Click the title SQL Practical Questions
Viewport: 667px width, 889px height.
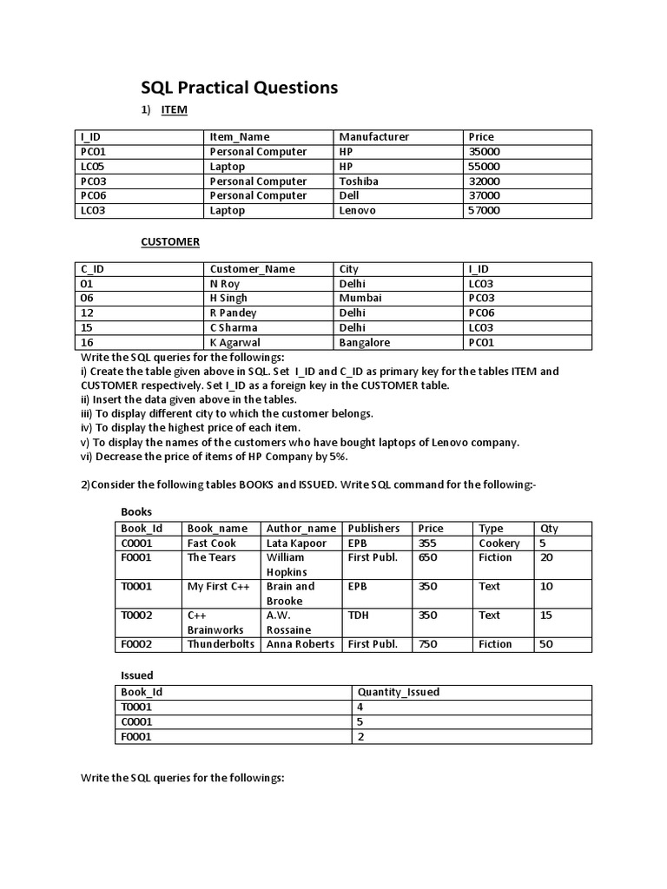pyautogui.click(x=240, y=88)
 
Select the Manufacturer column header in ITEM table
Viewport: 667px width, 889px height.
pyautogui.click(x=373, y=136)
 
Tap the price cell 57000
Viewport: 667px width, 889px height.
pyautogui.click(x=484, y=210)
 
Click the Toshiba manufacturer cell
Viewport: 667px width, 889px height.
pyautogui.click(x=359, y=181)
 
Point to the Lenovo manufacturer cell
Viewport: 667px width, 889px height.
pyautogui.click(x=357, y=210)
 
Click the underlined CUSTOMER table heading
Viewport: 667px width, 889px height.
pyautogui.click(x=171, y=241)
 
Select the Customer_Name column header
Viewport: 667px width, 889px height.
pyautogui.click(x=252, y=269)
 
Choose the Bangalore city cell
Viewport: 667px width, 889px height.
pyautogui.click(x=365, y=342)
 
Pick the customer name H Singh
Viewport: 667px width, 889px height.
pyautogui.click(x=228, y=298)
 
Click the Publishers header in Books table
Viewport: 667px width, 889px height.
pyautogui.click(x=373, y=528)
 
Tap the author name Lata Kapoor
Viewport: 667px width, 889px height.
pyautogui.click(x=296, y=543)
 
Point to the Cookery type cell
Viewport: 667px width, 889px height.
pyautogui.click(x=499, y=543)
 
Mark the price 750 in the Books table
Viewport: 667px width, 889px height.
pyautogui.click(x=428, y=644)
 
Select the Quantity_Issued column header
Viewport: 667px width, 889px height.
pyautogui.click(x=398, y=692)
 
